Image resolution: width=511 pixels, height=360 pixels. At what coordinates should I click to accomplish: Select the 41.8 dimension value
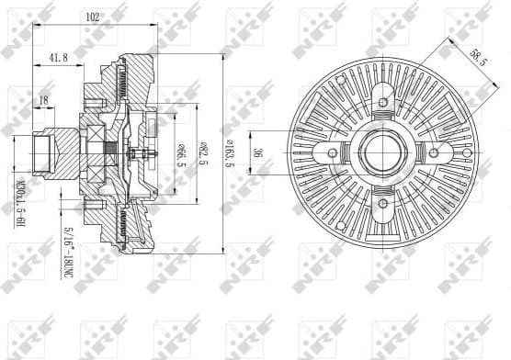[x=57, y=57]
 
